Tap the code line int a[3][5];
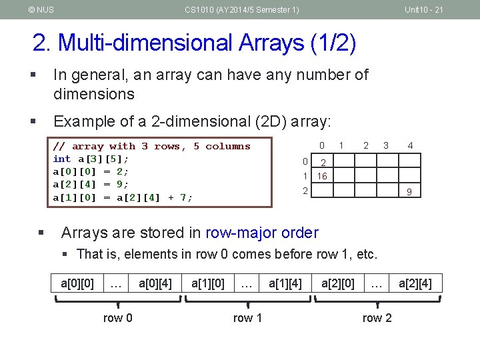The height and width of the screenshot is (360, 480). [x=91, y=159]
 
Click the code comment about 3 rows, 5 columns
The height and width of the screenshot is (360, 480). [x=151, y=146]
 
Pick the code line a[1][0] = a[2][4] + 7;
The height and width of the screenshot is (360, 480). [x=123, y=197]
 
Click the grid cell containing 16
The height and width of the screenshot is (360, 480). [x=323, y=177]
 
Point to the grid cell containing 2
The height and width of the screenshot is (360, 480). [x=323, y=162]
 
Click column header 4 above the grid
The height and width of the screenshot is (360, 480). [x=411, y=145]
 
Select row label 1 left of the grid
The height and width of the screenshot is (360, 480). [x=305, y=177]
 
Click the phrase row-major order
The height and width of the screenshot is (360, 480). [x=262, y=233]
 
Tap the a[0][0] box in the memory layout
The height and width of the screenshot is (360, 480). [x=77, y=283]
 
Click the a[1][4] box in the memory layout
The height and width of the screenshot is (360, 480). [x=285, y=283]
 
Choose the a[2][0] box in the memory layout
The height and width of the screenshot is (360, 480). [x=338, y=283]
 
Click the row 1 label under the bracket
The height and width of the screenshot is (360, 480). [x=247, y=318]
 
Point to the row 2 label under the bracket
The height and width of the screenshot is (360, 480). [x=377, y=318]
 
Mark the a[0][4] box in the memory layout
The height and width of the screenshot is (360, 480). [x=155, y=283]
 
